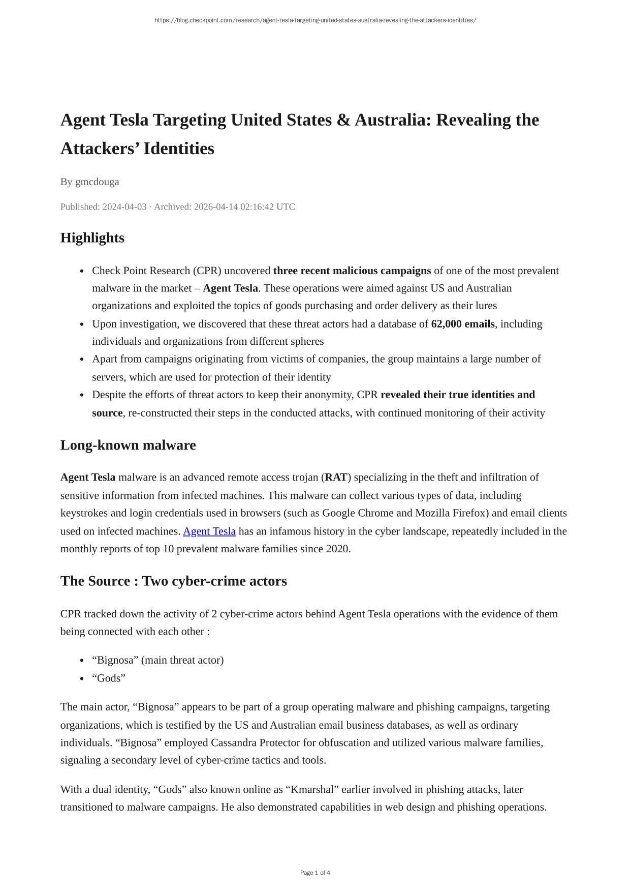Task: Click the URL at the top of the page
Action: (x=315, y=20)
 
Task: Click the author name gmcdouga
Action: (x=97, y=182)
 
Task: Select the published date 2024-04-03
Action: (x=124, y=207)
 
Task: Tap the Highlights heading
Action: (x=92, y=238)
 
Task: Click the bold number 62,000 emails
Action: (x=463, y=324)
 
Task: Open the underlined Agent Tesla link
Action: (x=209, y=531)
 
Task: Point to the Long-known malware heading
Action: (x=128, y=445)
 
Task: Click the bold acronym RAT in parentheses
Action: (x=336, y=478)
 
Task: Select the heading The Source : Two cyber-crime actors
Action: (x=174, y=581)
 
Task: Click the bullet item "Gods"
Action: (x=109, y=678)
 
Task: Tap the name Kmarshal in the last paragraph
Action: (x=312, y=790)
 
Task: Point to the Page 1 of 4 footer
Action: (x=315, y=873)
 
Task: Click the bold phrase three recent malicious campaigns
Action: (x=352, y=271)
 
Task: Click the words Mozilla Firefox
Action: (x=452, y=513)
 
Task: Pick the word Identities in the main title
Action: (x=179, y=149)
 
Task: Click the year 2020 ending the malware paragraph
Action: (x=337, y=549)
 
